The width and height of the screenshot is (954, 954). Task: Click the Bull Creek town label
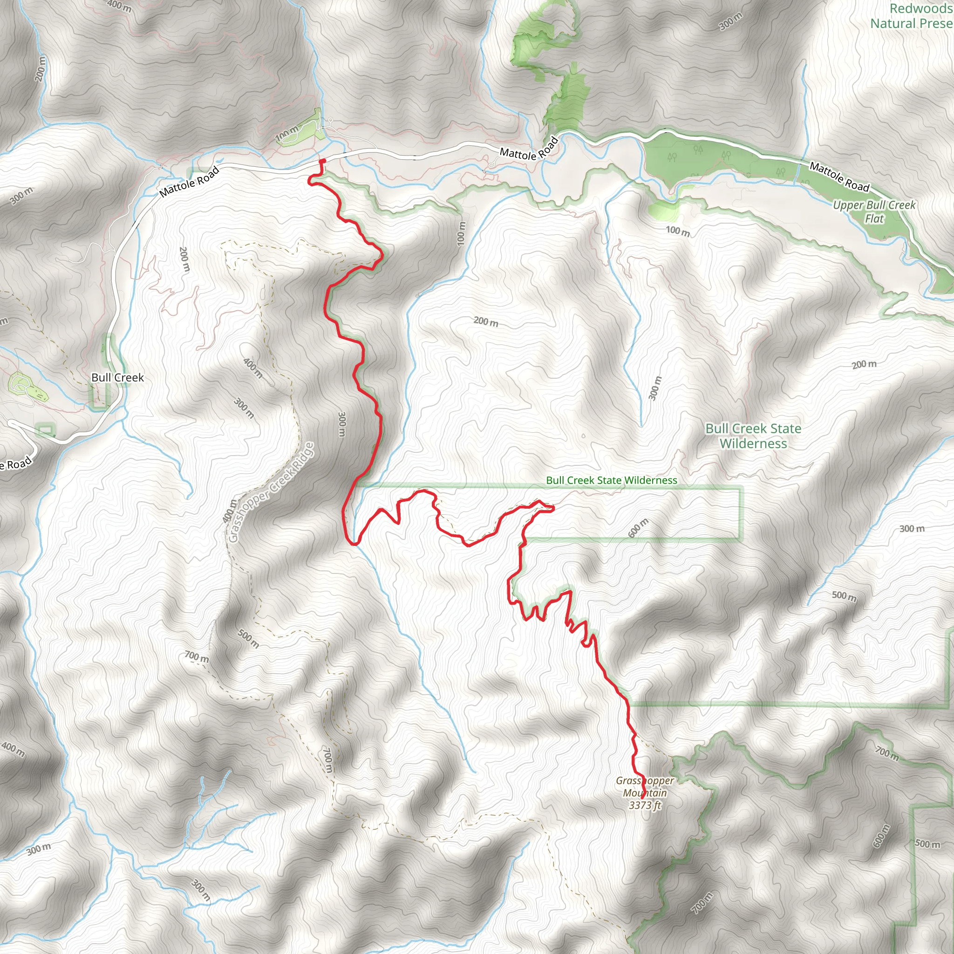pos(117,378)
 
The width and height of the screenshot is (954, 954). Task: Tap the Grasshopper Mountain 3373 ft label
pos(644,793)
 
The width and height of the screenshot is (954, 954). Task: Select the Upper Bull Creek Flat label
pos(874,211)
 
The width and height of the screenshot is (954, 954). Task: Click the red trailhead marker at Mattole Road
pos(322,161)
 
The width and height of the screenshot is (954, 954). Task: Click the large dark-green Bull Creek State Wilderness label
pos(753,436)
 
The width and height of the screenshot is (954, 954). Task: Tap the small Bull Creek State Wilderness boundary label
pos(611,480)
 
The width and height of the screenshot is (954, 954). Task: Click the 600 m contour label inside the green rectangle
pos(638,528)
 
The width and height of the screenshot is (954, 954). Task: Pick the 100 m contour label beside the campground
pos(287,134)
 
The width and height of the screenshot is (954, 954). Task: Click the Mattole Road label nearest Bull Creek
pos(189,182)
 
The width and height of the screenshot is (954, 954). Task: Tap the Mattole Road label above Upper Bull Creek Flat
pos(839,177)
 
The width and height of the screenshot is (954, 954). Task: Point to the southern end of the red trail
pos(642,797)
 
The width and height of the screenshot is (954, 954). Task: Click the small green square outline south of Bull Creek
pos(46,430)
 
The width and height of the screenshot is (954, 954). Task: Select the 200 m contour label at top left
pos(41,68)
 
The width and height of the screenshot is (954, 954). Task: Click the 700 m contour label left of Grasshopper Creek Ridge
pos(197,657)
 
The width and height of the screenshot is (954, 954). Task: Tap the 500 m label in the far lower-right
pos(927,844)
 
